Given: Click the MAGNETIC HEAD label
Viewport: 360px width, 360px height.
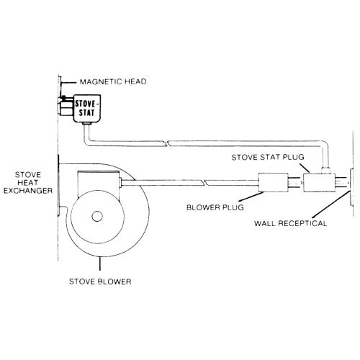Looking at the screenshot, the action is click(113, 81).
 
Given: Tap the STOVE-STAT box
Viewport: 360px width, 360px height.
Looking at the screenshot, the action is click(87, 109).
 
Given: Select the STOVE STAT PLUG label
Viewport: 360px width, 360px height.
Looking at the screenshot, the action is click(268, 157).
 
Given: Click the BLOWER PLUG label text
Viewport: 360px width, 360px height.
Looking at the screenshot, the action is click(215, 207).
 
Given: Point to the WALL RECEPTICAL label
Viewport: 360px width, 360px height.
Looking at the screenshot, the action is click(290, 223).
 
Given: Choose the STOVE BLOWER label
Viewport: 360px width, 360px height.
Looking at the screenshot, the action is click(100, 282).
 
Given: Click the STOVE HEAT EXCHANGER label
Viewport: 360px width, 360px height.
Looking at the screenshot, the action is click(28, 183).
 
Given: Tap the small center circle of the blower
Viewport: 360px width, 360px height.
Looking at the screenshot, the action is click(97, 216).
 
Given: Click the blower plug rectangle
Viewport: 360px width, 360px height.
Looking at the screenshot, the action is click(273, 182).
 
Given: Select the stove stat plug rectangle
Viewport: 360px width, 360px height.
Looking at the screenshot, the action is click(319, 183).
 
